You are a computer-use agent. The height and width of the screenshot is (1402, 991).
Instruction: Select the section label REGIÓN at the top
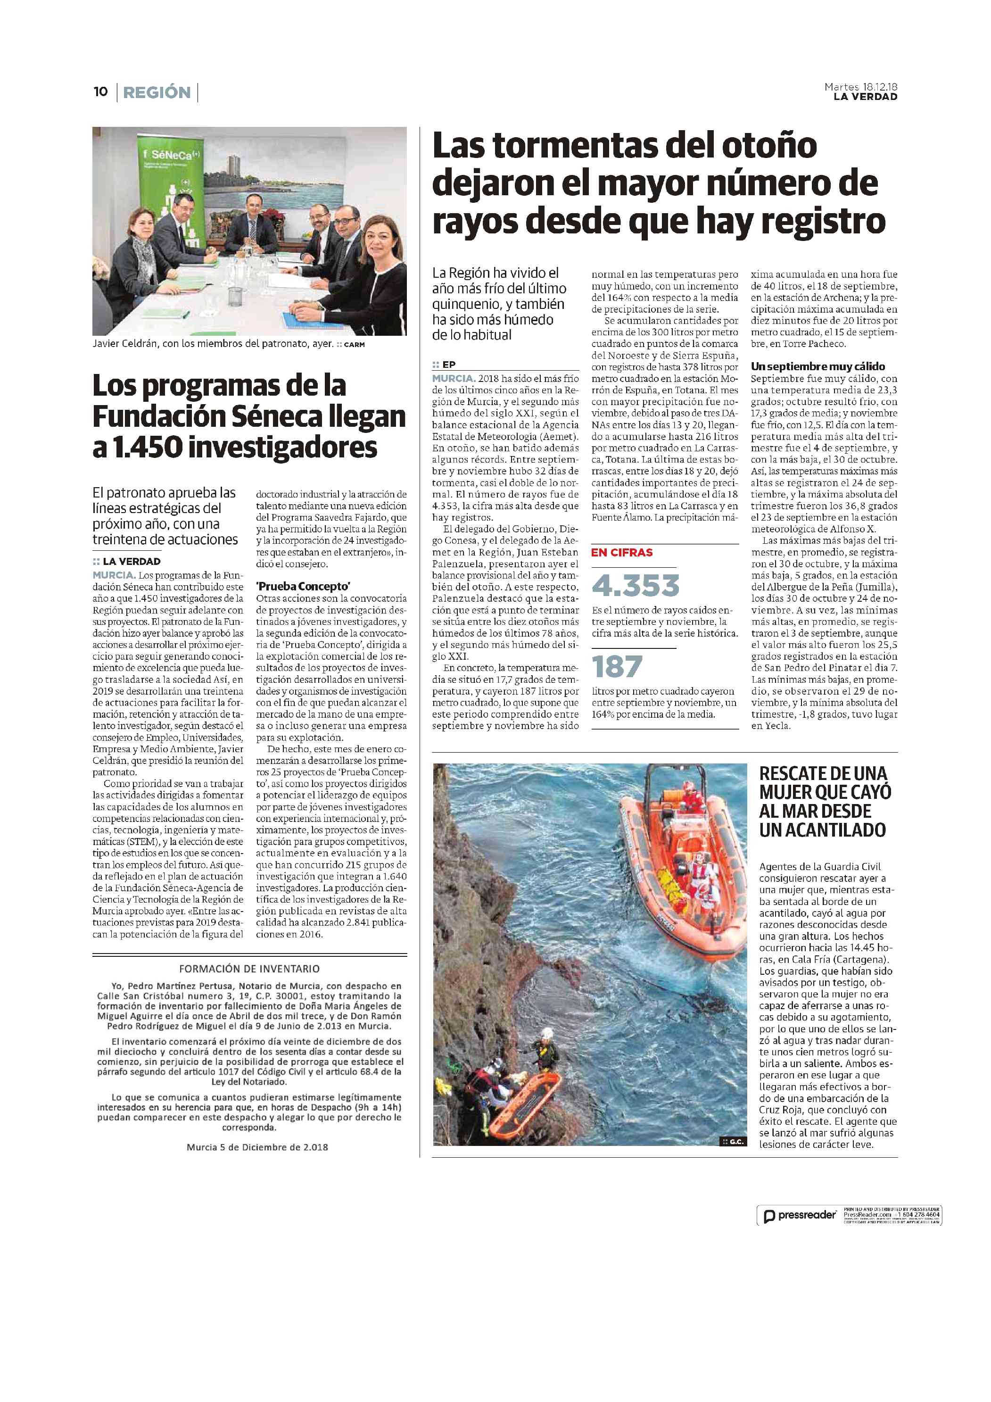click(157, 92)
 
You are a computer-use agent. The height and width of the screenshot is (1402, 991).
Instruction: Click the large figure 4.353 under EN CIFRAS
click(635, 586)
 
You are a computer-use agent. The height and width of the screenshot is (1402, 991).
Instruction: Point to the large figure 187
click(617, 666)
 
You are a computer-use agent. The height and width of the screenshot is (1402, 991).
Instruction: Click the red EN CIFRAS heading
click(621, 553)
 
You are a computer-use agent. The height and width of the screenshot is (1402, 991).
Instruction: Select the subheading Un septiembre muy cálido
click(818, 366)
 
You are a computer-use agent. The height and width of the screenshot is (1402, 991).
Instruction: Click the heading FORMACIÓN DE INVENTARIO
click(249, 969)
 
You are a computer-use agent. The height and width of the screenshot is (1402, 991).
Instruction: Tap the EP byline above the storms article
click(448, 365)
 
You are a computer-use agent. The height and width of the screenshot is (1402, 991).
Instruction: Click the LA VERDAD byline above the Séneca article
click(131, 561)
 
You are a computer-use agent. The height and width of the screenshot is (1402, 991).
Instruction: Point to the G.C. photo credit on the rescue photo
click(733, 1141)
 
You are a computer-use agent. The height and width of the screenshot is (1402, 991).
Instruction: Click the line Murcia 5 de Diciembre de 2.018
click(257, 1147)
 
